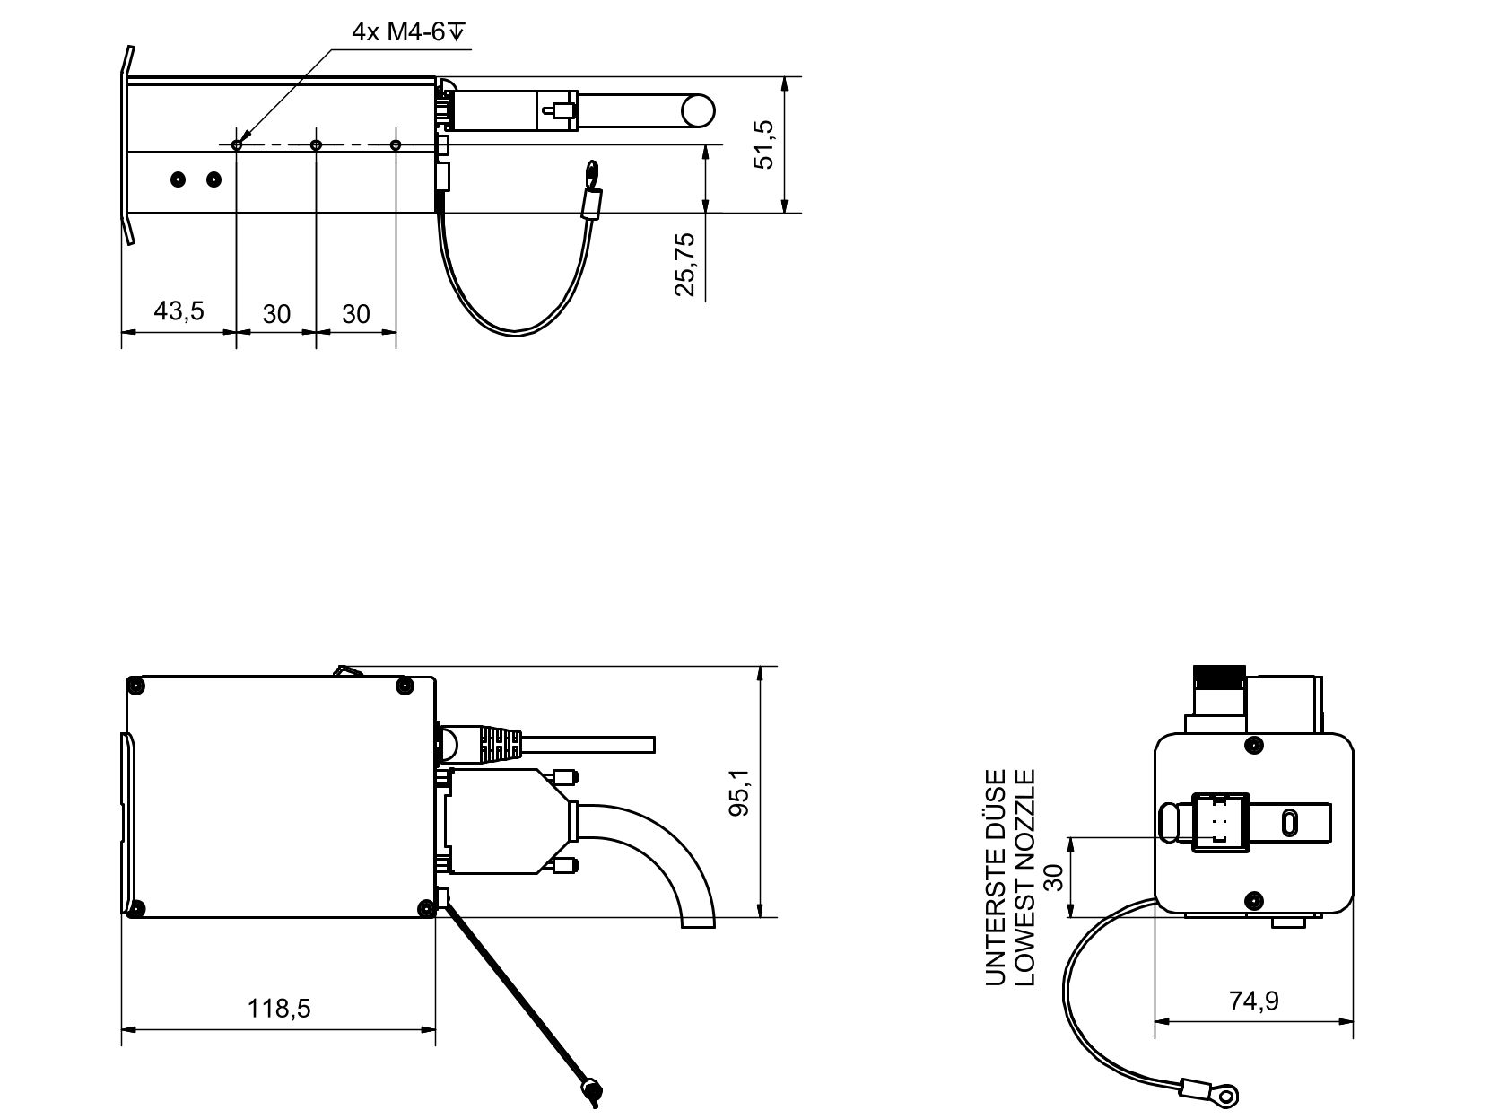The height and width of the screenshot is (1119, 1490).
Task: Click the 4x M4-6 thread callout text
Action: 409,33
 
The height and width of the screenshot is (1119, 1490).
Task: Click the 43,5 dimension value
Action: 179,311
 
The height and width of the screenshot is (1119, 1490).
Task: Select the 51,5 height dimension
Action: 764,144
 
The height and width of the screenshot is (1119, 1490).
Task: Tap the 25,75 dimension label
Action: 685,264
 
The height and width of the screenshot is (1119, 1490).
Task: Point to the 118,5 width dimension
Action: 279,1008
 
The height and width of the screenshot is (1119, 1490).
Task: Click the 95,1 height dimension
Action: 739,791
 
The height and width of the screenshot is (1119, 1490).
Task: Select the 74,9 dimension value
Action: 1254,1001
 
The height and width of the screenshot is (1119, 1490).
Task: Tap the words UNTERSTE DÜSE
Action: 997,877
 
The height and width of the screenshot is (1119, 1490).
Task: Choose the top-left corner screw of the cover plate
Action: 136,686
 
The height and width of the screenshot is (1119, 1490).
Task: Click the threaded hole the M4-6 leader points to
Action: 237,144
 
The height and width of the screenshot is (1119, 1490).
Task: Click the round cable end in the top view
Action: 698,111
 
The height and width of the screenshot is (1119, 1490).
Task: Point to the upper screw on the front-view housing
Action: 1255,744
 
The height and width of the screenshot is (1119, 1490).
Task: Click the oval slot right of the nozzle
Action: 1289,822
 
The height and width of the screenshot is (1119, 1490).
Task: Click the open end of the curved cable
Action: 699,921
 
